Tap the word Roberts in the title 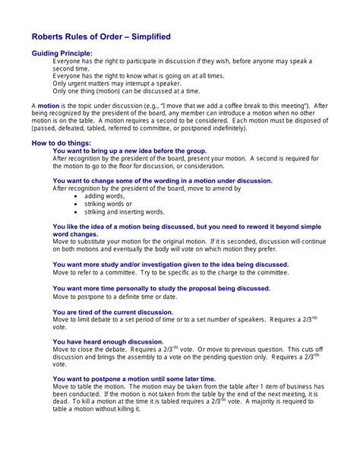tap(48, 36)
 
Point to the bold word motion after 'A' tap(49, 104)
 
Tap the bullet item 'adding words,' tap(104, 196)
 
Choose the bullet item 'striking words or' tap(108, 204)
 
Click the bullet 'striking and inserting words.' tap(124, 212)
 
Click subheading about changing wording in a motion tap(163, 181)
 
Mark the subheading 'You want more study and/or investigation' tap(170, 265)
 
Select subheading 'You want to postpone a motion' tap(134, 379)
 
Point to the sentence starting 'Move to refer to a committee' tap(170, 272)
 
